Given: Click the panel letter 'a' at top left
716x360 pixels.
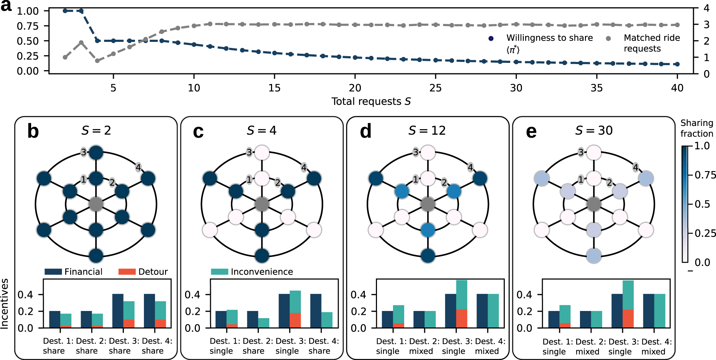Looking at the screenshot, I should (6, 6).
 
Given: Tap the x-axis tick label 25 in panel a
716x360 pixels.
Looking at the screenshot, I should (435, 88).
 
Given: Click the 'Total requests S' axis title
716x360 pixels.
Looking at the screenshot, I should (371, 102).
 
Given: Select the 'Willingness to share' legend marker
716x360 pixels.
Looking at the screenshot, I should (491, 38).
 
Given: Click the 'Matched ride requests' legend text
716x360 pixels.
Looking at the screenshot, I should (651, 43).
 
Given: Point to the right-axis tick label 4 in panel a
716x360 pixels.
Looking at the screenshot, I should (706, 8).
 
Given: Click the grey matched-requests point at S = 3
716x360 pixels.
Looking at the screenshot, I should (81, 43).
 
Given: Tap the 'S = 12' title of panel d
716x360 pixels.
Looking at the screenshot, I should (427, 131).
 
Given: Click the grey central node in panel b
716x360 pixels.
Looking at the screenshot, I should (96, 204).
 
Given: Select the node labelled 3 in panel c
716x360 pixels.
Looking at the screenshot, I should (262, 153).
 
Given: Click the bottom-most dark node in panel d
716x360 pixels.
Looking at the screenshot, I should (428, 256).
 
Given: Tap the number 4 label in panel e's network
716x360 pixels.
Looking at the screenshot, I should (635, 167).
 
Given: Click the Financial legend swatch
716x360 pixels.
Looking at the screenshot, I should (53, 272).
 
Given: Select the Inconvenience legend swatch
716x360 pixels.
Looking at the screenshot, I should (219, 272).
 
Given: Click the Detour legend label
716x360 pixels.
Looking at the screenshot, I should (153, 272).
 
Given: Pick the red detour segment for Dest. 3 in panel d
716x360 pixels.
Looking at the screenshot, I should (461, 318).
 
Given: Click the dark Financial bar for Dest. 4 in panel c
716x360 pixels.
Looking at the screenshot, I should (315, 311).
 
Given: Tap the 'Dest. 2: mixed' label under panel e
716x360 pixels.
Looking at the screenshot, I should (587, 346).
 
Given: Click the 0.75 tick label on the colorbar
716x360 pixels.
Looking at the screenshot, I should (705, 175).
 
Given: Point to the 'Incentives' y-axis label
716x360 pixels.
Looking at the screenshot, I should (5, 303).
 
